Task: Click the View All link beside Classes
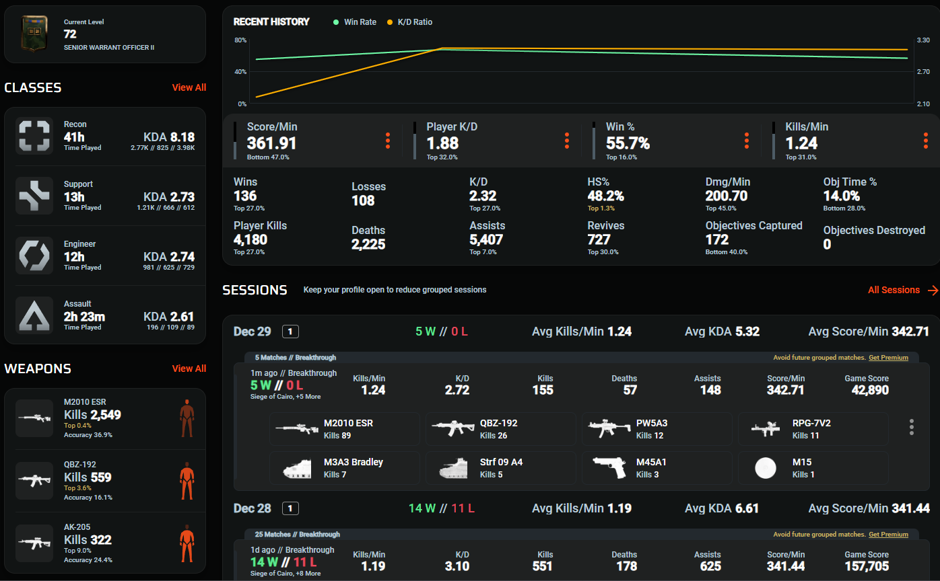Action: (x=189, y=87)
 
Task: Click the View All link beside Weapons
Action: (x=189, y=369)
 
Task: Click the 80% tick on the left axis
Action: (x=240, y=40)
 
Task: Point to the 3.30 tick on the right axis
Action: (x=922, y=40)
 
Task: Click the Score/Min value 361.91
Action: (x=271, y=143)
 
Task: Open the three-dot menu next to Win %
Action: (x=746, y=141)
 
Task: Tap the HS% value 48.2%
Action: (x=605, y=196)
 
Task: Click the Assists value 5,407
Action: (x=486, y=240)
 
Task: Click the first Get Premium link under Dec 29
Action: (x=888, y=358)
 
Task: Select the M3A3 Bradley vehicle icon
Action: (x=297, y=468)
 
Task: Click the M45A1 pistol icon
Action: (x=609, y=468)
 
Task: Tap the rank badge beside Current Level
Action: (x=31, y=34)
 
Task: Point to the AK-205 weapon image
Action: (x=34, y=543)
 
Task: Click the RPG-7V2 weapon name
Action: (x=811, y=423)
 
